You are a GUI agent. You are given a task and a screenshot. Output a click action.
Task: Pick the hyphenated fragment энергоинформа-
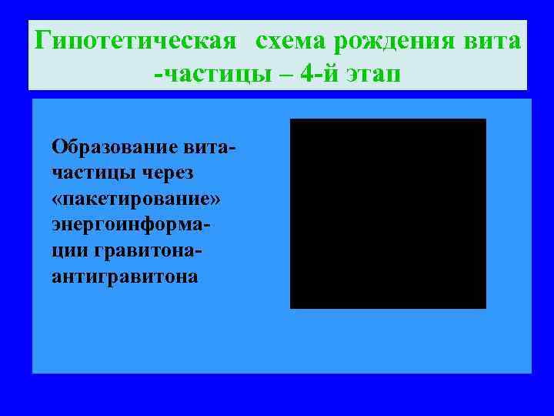tap(132, 226)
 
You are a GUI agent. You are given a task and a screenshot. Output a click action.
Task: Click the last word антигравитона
tap(125, 277)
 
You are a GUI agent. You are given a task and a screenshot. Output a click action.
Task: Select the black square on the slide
tap(388, 213)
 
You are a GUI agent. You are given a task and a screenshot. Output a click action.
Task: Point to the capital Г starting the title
tap(44, 40)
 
